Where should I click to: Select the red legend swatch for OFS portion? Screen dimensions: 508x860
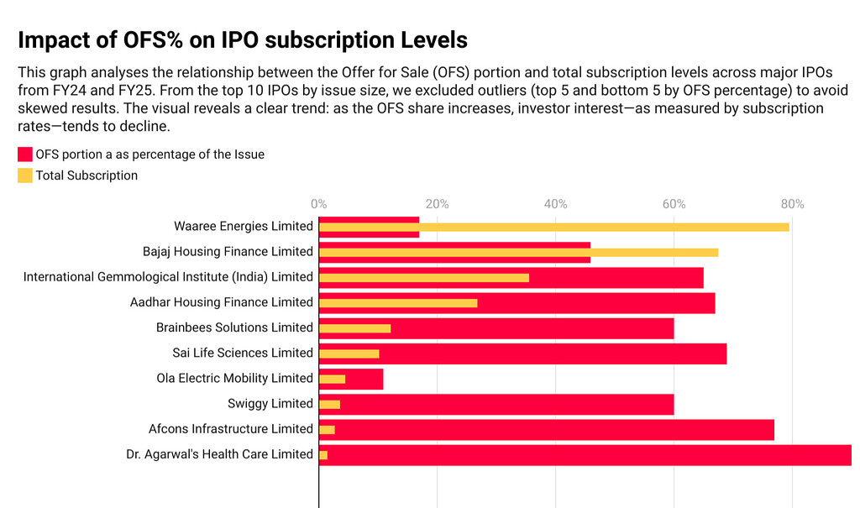click(25, 154)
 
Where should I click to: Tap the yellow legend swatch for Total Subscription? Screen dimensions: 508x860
click(25, 175)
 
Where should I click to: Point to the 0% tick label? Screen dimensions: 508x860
click(318, 204)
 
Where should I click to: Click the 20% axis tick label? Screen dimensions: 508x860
click(437, 204)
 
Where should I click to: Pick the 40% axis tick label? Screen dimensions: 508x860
click(555, 204)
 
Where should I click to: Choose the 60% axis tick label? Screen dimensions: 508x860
click(674, 204)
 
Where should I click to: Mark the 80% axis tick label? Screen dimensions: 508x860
click(792, 204)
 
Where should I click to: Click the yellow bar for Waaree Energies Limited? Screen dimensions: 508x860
click(605, 227)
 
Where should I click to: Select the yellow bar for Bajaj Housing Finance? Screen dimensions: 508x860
click(655, 252)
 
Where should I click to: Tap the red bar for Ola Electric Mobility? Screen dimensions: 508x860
click(365, 379)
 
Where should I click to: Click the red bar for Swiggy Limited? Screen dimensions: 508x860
click(504, 404)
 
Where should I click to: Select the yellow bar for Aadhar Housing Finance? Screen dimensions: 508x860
click(398, 303)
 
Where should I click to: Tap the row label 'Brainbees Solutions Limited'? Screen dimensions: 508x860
click(234, 327)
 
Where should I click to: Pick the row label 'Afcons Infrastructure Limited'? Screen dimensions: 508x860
click(231, 429)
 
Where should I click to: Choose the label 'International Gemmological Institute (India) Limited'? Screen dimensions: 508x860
click(168, 277)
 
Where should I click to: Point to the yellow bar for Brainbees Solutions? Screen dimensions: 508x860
click(354, 328)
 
